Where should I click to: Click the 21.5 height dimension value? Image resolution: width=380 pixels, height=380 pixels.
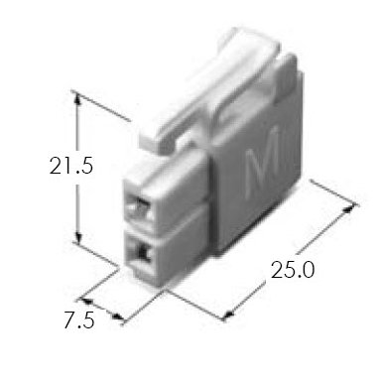[71, 165]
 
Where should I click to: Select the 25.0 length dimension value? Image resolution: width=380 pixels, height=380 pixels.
[292, 270]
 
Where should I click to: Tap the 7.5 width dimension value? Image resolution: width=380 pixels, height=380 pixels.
[79, 320]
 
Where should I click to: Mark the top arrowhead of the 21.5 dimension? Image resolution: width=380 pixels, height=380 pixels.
[77, 98]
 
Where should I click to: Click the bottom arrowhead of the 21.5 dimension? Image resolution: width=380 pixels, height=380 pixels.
[77, 237]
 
